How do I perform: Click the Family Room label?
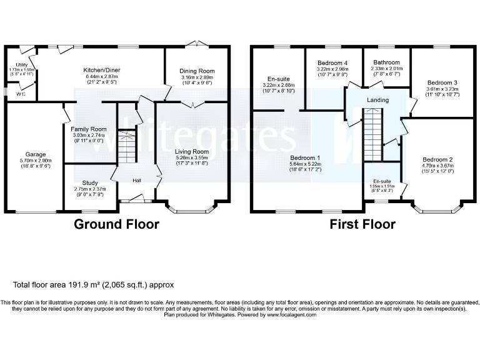click(x=89, y=129)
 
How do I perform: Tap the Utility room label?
click(x=21, y=64)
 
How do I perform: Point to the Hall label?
click(x=136, y=181)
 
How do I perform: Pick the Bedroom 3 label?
click(x=442, y=82)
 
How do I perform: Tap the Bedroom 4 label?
click(x=332, y=64)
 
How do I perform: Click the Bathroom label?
click(x=387, y=62)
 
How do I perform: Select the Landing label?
click(x=377, y=100)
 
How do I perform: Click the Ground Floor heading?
click(x=117, y=224)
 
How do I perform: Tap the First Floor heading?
click(x=362, y=224)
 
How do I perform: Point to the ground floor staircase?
click(x=127, y=147)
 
